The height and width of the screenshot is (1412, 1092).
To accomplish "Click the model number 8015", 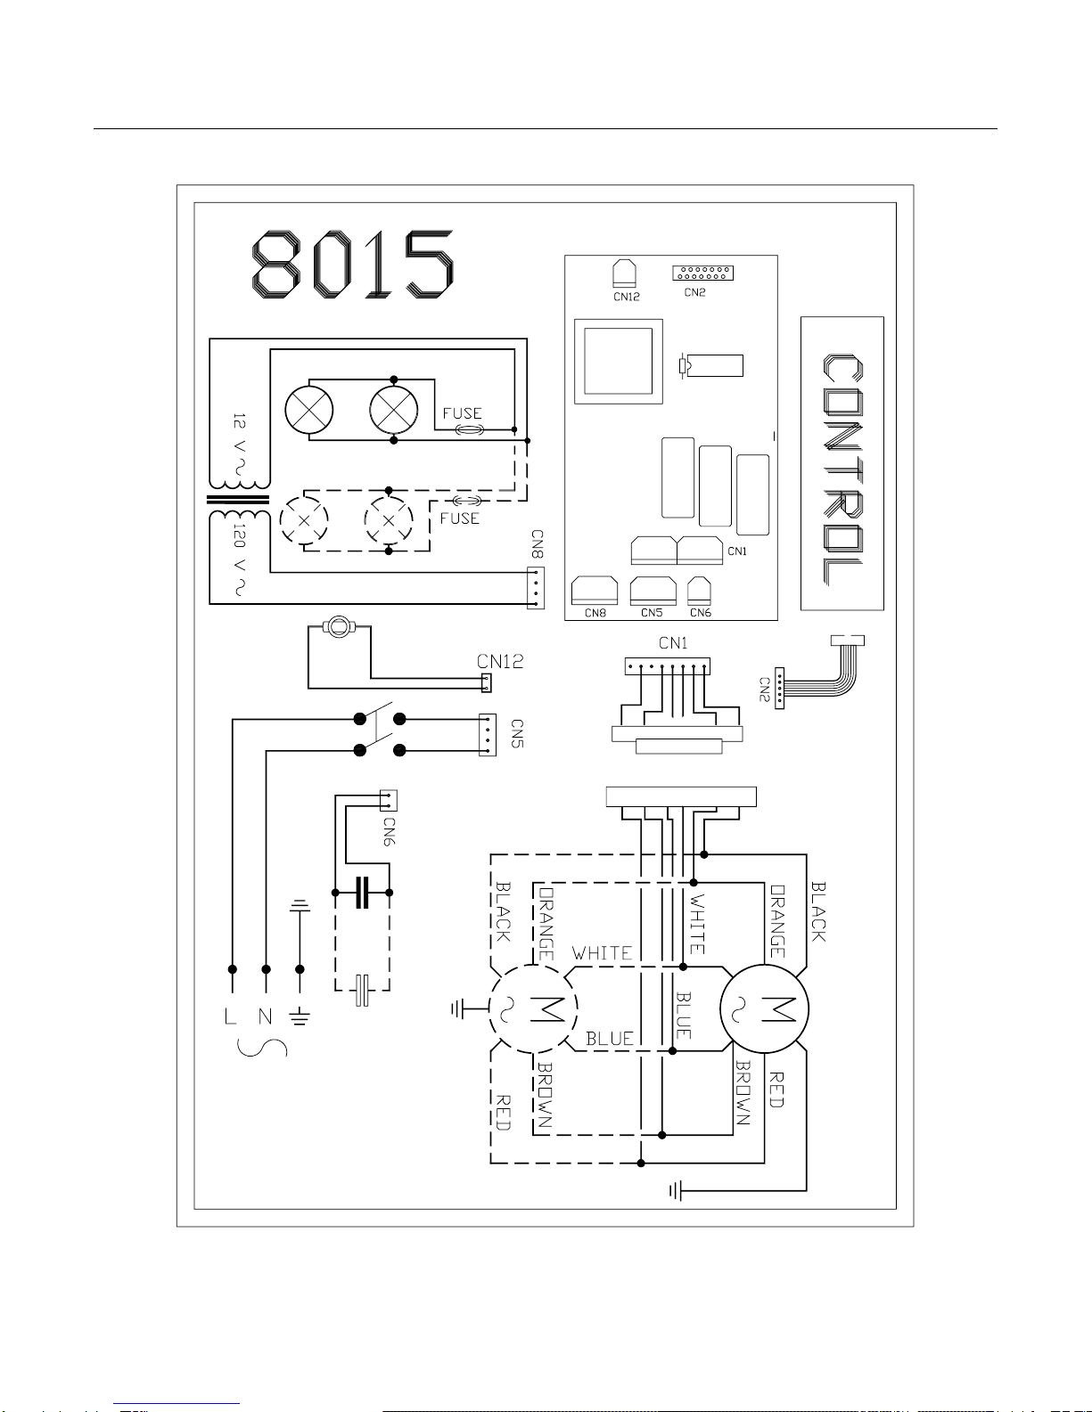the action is pos(352,264).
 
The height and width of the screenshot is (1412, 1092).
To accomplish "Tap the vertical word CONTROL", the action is pos(842,469).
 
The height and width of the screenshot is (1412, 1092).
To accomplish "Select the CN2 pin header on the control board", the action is pos(702,273).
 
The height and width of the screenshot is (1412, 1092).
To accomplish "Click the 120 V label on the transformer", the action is pos(240,559).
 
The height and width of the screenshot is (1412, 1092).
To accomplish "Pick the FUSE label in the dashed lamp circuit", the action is pos(460,518).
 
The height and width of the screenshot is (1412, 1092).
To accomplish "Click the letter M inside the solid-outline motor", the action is pos(779,1009).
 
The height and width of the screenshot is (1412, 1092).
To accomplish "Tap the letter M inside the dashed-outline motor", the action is pos(547,1009).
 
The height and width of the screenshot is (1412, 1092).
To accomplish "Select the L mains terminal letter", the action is pos(230,1016).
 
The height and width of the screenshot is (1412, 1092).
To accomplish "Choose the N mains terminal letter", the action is pos(266,1016).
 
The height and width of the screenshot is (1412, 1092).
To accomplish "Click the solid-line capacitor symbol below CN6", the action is pos(362,892).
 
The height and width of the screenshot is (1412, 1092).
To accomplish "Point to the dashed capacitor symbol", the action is pos(362,991).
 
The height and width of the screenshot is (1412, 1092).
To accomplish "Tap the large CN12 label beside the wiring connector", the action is pos(500,662).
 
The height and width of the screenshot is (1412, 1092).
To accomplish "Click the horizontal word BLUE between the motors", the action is pos(610,1039).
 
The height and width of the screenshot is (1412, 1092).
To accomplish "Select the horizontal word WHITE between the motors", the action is pos(602,953).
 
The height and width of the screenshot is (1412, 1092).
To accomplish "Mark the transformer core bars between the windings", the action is pos(238,500).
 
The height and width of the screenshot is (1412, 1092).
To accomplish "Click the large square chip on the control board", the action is pos(618,362).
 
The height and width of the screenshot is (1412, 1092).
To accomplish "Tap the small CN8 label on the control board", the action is pos(595,613).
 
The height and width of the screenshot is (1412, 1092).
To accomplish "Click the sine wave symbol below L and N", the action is pos(262,1048).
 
